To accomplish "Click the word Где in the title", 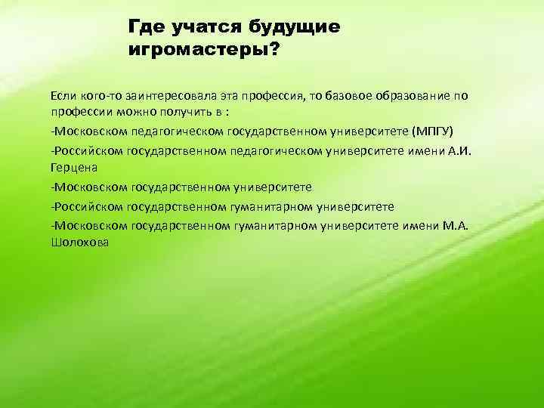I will click(145, 28).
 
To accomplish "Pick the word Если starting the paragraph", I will click(63, 96).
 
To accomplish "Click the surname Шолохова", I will click(79, 242).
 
